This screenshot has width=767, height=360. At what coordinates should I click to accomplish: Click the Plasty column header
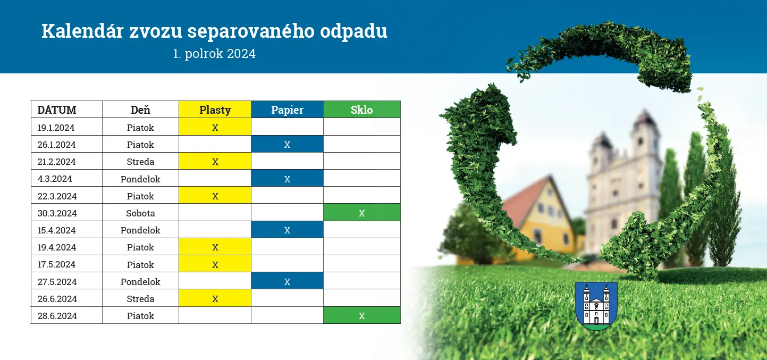(215, 110)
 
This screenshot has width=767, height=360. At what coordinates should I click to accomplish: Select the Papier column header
(287, 110)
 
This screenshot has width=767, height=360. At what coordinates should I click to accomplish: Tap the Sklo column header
(362, 110)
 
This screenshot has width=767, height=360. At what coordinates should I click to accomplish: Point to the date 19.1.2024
(56, 128)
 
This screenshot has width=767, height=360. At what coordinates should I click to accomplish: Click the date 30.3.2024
(57, 213)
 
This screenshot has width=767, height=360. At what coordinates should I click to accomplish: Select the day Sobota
(140, 213)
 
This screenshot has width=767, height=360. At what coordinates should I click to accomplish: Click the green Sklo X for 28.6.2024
(362, 315)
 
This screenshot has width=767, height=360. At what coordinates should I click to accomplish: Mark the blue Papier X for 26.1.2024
(287, 144)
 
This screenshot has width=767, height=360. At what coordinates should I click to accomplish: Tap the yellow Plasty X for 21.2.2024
(215, 161)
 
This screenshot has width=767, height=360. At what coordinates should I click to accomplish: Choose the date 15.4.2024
(56, 230)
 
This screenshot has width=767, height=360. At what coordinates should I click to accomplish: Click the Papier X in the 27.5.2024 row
(287, 281)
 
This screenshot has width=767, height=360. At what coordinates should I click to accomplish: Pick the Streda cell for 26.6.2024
(140, 299)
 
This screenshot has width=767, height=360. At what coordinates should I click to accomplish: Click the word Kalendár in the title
(82, 31)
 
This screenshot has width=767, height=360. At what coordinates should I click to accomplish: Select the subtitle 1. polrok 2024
(214, 54)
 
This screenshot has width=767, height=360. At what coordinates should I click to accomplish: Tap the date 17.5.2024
(56, 264)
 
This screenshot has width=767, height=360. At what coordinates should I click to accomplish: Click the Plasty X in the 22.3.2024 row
(215, 196)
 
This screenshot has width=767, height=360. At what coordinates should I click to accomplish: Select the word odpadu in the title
(353, 31)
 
